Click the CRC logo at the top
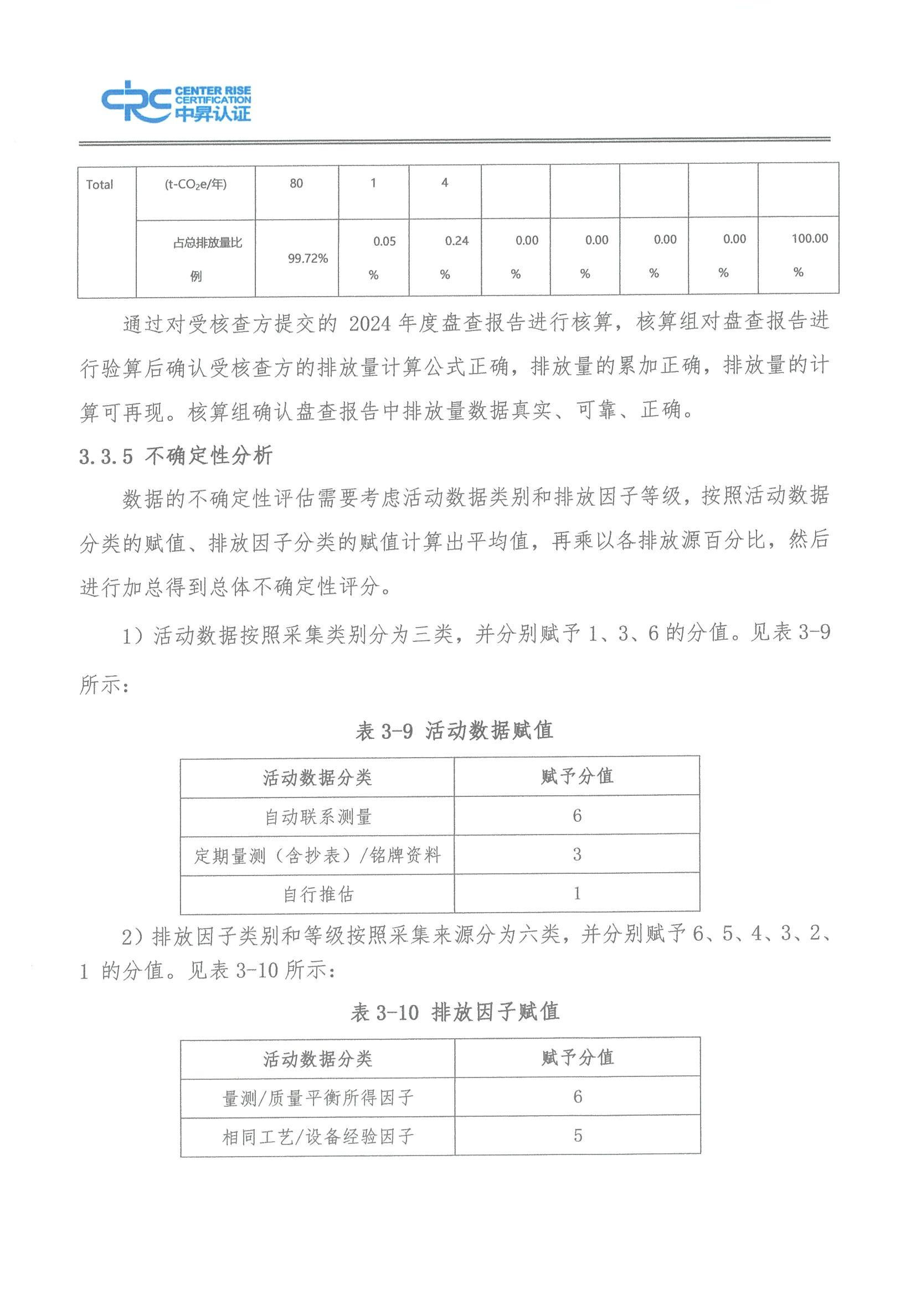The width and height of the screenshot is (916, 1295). coord(176,101)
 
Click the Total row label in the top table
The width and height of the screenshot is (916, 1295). coord(99,184)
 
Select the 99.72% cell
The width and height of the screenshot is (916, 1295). coord(307,258)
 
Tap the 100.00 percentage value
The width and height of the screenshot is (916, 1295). coord(809,239)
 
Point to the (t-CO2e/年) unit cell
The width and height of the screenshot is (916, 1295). coord(195,184)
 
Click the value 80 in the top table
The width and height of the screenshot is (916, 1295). coord(296,183)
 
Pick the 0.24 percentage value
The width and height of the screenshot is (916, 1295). coord(456,241)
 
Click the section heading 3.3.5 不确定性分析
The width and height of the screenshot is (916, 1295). coord(176,455)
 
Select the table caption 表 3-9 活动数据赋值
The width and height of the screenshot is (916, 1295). coord(454,731)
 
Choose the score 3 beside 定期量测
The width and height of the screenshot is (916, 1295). coord(577,854)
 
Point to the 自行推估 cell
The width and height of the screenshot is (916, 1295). coord(318,894)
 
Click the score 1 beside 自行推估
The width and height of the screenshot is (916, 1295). coord(577,893)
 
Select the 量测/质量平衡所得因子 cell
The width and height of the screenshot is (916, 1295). coord(318,1097)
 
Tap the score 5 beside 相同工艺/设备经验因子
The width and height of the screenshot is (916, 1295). coord(578,1136)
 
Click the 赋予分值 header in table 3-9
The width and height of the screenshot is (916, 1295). coord(577,776)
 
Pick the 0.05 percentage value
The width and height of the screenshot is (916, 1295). coord(384,241)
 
